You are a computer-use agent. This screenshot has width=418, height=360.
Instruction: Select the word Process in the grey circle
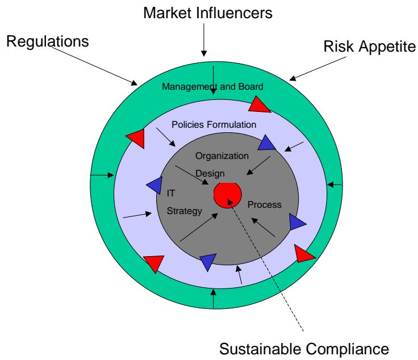coord(265,204)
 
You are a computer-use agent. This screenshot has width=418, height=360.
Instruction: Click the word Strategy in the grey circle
coord(185,212)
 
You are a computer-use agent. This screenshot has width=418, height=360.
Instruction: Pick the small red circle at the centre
coord(226,195)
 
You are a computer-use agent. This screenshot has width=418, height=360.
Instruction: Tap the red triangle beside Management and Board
coord(260,104)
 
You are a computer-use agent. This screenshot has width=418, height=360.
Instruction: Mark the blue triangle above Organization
coord(266,143)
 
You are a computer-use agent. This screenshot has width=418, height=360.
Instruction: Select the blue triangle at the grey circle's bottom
coord(208,261)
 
